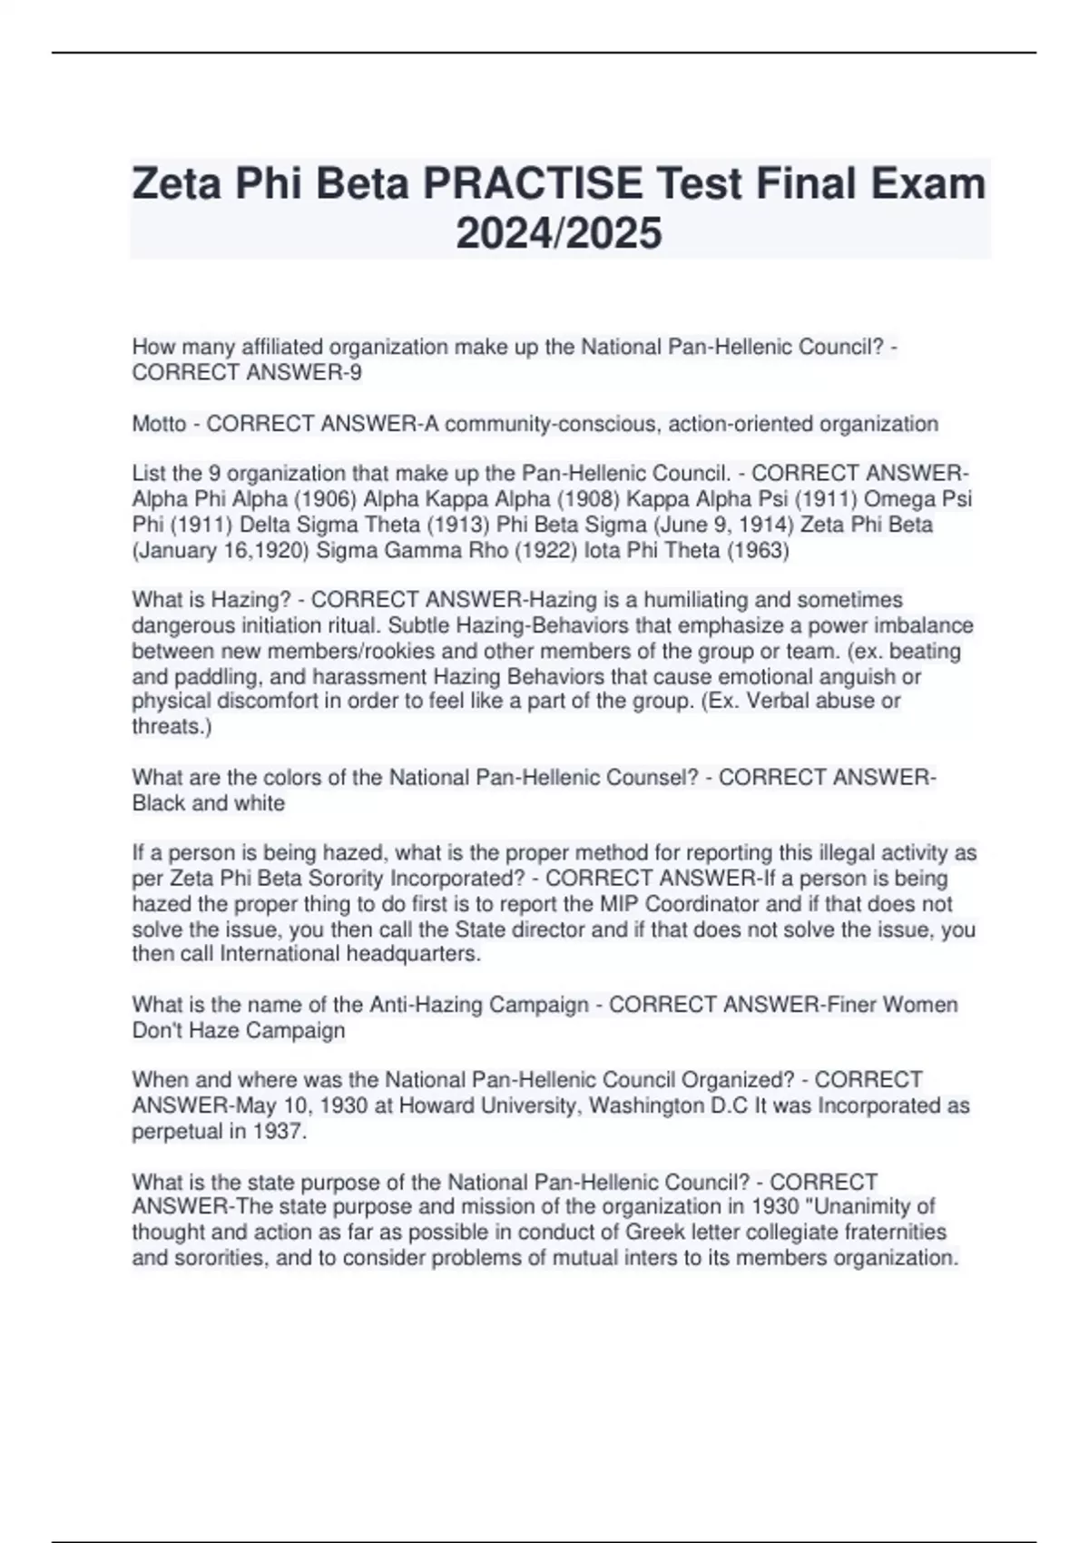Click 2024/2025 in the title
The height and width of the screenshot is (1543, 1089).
click(559, 233)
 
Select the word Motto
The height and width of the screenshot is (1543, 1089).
click(159, 424)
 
